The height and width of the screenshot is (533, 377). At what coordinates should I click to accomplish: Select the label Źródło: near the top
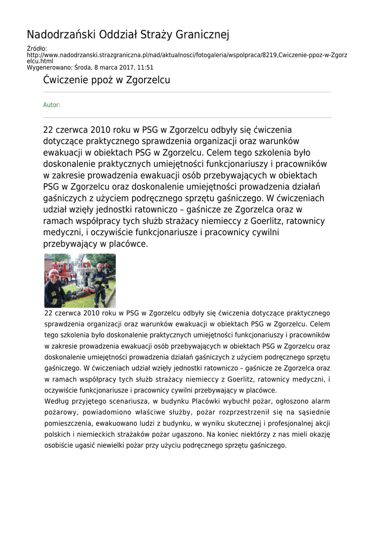click(x=36, y=49)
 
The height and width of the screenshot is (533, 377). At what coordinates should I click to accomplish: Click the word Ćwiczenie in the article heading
click(x=66, y=80)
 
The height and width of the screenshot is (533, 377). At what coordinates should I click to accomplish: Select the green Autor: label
click(x=51, y=105)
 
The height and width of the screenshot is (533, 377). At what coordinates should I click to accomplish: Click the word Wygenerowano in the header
click(x=49, y=68)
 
